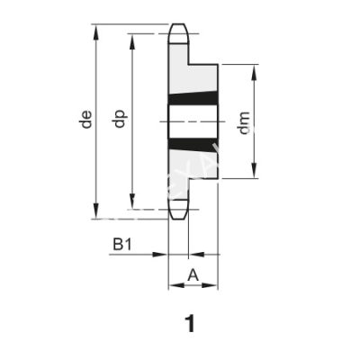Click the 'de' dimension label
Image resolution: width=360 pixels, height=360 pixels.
point(86,120)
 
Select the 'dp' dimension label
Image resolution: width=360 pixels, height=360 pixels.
point(119,120)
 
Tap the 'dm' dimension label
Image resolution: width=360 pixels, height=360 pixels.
point(243,122)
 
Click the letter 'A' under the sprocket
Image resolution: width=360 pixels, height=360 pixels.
point(193,275)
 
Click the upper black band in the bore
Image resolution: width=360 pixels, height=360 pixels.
point(193,100)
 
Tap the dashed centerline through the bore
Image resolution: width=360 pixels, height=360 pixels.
point(193,121)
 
